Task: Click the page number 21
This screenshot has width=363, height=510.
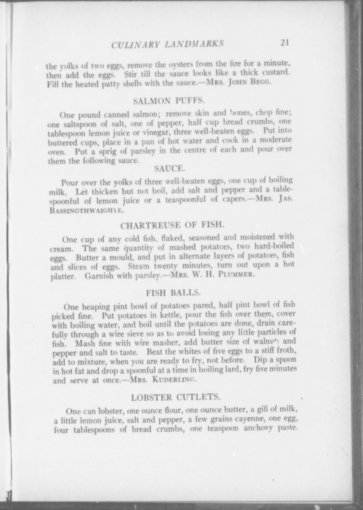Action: [284, 43]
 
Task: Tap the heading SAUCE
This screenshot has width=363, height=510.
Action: [169, 168]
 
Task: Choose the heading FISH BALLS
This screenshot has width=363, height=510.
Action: [174, 293]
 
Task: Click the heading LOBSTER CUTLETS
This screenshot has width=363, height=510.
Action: [175, 397]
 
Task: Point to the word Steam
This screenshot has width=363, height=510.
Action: [139, 266]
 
